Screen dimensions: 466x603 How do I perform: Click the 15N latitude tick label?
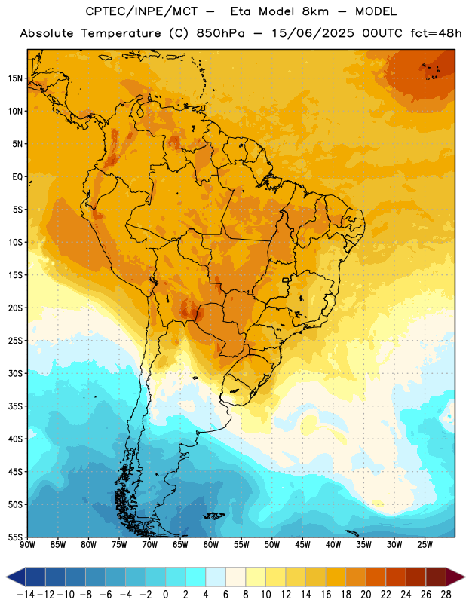point(15,78)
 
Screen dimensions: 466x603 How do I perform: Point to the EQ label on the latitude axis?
point(17,177)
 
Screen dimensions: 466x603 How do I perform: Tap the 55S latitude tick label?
point(15,537)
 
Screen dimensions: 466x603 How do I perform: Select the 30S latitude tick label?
point(15,373)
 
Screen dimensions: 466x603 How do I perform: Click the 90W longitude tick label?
point(27,544)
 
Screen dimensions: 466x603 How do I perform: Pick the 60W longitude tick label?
point(211,544)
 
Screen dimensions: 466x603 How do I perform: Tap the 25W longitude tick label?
point(425,544)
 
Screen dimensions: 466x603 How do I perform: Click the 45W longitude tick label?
point(302,544)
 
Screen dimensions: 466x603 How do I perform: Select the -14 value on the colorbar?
point(26,595)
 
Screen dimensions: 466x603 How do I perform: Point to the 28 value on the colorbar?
point(446,595)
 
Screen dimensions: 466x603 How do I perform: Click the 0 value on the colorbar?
point(166,595)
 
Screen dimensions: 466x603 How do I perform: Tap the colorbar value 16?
point(326,595)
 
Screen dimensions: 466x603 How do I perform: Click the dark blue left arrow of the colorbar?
point(16,577)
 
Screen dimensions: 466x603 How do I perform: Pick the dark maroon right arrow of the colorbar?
point(455,577)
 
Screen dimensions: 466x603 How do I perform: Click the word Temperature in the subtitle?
point(121,33)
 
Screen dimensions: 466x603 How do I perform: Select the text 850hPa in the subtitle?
point(220,33)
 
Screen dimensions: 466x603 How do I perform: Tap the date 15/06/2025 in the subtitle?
point(313,33)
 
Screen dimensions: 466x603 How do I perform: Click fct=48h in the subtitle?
point(436,33)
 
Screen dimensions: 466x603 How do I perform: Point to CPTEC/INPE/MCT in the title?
point(142,11)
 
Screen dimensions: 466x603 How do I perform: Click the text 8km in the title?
point(315,11)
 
